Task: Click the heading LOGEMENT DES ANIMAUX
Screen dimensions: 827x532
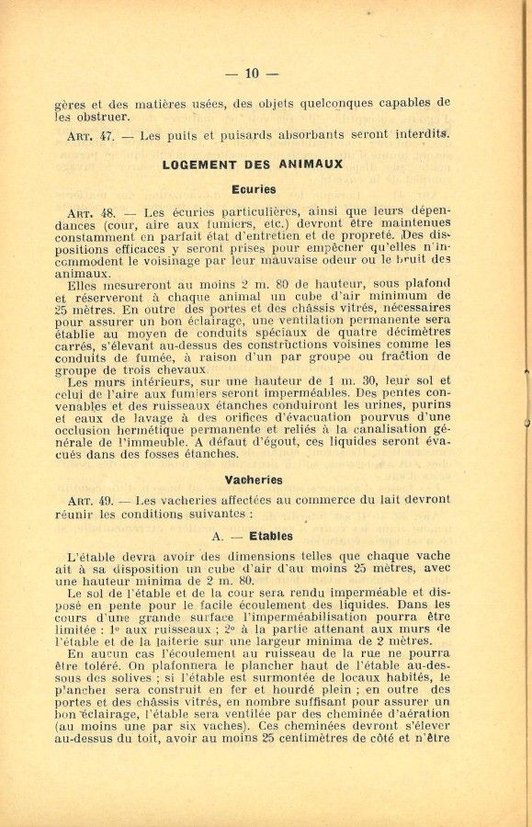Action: tap(253, 164)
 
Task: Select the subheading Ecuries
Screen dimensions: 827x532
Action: tap(253, 189)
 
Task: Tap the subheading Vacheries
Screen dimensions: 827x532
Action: tap(253, 480)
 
